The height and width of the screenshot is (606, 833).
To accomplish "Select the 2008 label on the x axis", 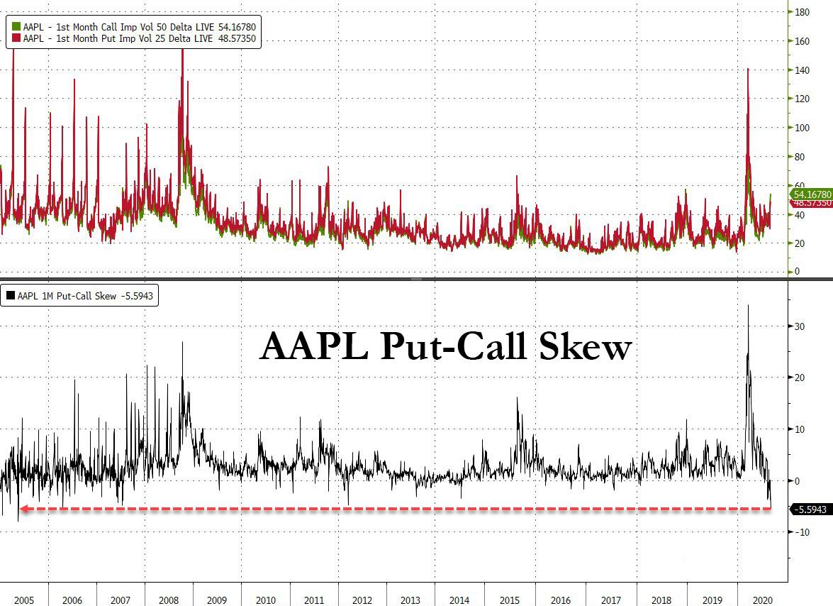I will pyautogui.click(x=169, y=600).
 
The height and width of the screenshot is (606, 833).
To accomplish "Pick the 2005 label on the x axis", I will pyautogui.click(x=24, y=600).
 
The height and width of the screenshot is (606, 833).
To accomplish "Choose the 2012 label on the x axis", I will pyautogui.click(x=362, y=600).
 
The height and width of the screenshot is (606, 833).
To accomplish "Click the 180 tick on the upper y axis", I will pyautogui.click(x=802, y=12).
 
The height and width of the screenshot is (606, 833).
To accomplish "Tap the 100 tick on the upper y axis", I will pyautogui.click(x=802, y=128).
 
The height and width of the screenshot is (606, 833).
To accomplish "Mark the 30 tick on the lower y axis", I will pyautogui.click(x=799, y=326).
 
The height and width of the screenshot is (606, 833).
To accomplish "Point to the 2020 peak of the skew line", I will pyautogui.click(x=749, y=306).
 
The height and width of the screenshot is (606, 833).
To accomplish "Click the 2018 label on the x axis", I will pyautogui.click(x=661, y=600).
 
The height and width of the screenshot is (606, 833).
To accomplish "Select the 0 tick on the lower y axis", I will pyautogui.click(x=797, y=481).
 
